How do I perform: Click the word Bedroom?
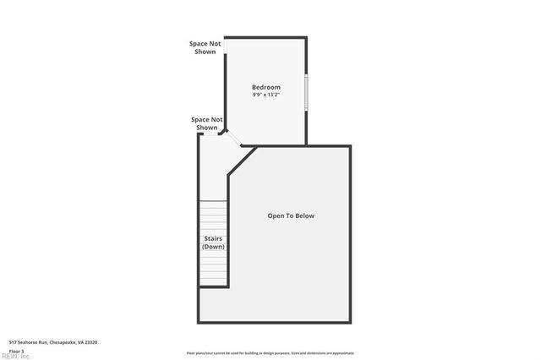point(265,87)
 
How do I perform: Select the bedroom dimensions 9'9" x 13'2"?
point(265,95)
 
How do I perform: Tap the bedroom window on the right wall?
point(306,91)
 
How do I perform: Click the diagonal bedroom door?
point(234,138)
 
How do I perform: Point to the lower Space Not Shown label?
point(207,123)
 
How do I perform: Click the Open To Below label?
point(290,215)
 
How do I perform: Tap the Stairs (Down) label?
point(213,243)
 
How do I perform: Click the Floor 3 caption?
point(17,350)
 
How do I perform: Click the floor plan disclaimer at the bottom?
point(270,352)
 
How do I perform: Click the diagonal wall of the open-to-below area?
point(242,161)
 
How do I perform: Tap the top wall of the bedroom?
point(265,37)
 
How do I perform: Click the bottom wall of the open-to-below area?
point(275,321)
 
